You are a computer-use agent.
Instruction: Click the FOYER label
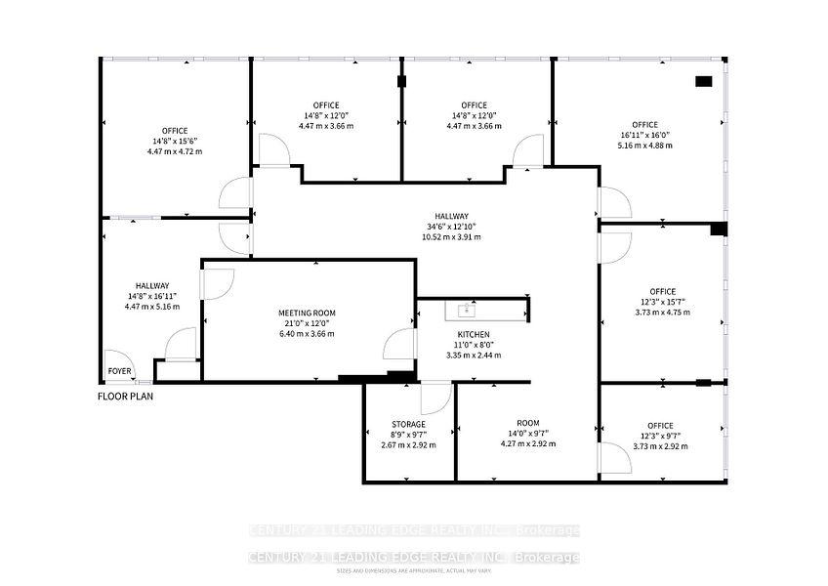[119, 371]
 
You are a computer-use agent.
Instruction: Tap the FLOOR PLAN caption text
[125, 397]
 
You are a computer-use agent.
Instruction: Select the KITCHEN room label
[474, 335]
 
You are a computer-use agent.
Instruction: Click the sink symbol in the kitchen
[464, 312]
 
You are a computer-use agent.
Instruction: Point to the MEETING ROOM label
[308, 314]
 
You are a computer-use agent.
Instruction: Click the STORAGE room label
[408, 424]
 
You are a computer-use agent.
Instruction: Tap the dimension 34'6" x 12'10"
[453, 227]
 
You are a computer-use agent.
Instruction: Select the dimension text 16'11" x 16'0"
[644, 135]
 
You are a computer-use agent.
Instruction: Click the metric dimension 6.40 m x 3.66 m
[308, 333]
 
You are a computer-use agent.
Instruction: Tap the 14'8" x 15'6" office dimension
[175, 141]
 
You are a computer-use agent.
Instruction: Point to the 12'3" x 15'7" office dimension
[662, 302]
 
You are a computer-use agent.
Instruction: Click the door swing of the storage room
[436, 398]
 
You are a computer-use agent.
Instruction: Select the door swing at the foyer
[119, 361]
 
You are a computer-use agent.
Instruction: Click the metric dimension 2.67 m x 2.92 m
[408, 444]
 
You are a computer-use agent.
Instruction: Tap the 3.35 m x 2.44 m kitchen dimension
[474, 355]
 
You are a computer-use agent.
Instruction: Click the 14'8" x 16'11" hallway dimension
[147, 296]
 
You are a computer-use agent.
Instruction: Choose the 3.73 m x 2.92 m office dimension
[662, 445]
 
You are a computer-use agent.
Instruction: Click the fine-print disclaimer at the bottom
[414, 569]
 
